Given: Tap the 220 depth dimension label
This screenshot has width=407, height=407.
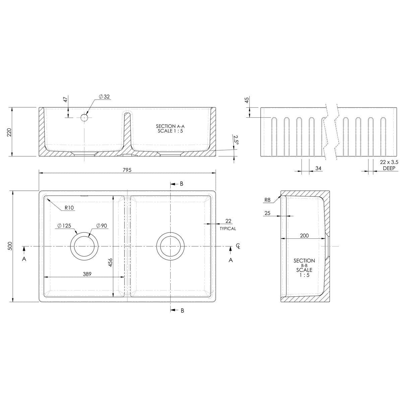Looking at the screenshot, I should (9, 132).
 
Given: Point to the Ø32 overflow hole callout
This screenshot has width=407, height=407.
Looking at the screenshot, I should (104, 97).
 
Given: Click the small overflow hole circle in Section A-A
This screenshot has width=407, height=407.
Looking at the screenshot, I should (84, 118).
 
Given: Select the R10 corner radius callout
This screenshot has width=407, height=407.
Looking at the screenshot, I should (69, 208).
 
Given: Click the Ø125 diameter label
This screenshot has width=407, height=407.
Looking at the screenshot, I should (64, 226).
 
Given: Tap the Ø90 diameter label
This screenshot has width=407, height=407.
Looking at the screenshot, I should (101, 226).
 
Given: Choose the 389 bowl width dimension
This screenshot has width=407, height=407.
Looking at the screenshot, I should (87, 274).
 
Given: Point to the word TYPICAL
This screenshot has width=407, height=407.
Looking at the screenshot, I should (228, 229).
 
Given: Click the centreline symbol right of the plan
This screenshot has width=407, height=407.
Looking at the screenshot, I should (238, 246).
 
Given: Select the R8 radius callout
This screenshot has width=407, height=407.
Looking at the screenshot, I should (267, 200).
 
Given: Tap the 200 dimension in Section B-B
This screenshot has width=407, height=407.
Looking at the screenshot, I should (304, 236).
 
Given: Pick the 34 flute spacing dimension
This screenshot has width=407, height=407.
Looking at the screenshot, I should (318, 168).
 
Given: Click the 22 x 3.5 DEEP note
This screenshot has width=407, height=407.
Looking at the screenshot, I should (389, 165).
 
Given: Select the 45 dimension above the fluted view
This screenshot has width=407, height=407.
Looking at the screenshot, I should (247, 100).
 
